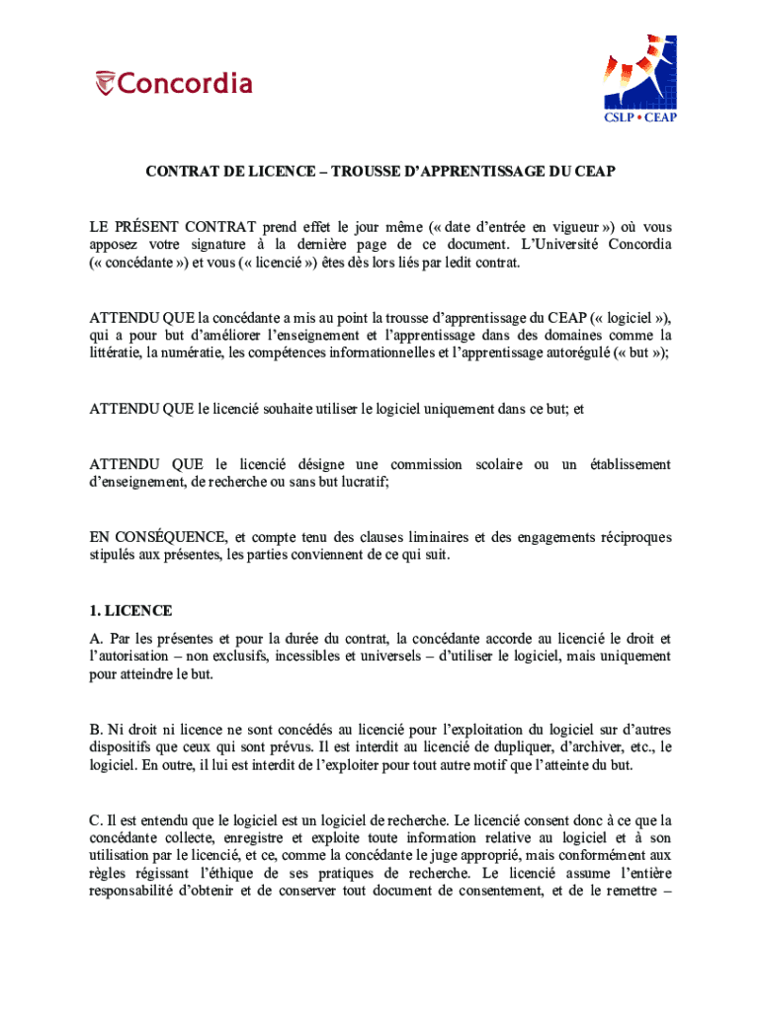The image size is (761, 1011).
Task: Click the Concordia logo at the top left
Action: [174, 83]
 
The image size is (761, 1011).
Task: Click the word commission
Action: [425, 464]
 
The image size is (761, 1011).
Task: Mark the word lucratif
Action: [363, 482]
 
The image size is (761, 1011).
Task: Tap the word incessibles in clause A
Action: [313, 656]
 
